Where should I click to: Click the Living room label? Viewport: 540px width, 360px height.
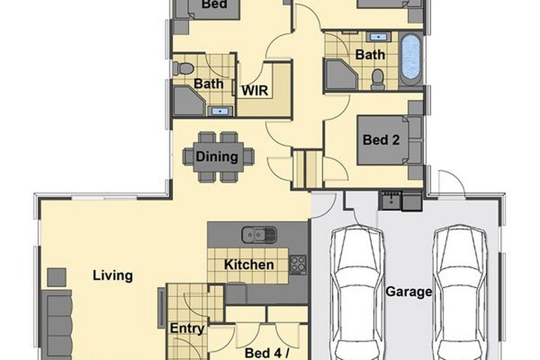pyautogui.click(x=112, y=275)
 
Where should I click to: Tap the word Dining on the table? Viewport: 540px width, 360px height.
pyautogui.click(x=217, y=156)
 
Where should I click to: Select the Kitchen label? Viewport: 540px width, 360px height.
pyautogui.click(x=249, y=264)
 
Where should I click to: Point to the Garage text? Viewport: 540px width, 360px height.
pyautogui.click(x=409, y=291)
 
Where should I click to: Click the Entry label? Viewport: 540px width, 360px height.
pyautogui.click(x=187, y=328)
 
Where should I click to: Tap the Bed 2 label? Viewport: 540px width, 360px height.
pyautogui.click(x=381, y=139)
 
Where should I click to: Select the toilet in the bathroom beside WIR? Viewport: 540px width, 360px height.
pyautogui.click(x=184, y=68)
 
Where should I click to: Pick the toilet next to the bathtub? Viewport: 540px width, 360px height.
pyautogui.click(x=378, y=79)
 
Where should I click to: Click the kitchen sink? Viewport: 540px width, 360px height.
pyautogui.click(x=258, y=234)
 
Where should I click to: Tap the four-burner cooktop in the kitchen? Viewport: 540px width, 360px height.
pyautogui.click(x=298, y=264)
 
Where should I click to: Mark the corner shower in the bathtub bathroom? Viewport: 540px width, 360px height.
pyautogui.click(x=340, y=75)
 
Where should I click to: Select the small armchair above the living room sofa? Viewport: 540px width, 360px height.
pyautogui.click(x=57, y=277)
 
